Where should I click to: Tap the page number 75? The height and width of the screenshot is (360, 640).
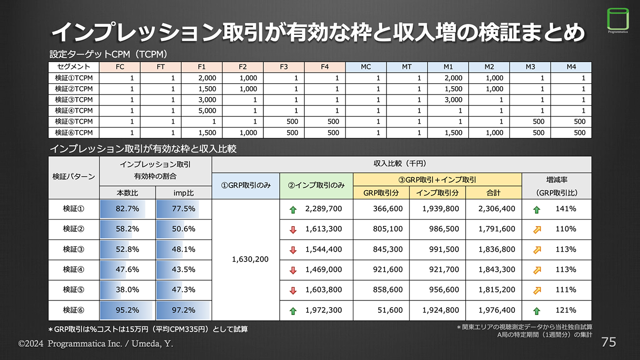[608, 342]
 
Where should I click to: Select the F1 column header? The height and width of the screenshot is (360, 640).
[201, 67]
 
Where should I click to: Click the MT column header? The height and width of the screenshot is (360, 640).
[407, 67]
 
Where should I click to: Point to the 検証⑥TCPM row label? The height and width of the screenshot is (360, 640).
[74, 132]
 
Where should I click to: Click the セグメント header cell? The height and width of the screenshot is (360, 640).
[74, 67]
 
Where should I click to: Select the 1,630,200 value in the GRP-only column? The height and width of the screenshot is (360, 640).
[250, 259]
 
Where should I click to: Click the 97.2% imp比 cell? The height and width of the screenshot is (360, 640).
[184, 310]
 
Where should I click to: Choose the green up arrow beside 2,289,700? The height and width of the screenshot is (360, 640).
[293, 209]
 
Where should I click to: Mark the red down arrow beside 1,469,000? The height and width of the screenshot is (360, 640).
[293, 270]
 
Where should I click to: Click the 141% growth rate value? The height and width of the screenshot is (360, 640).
[566, 209]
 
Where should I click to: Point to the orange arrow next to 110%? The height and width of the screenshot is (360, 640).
[537, 229]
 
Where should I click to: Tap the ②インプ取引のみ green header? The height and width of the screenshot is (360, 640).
[316, 186]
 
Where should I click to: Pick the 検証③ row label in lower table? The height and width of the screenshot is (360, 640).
[74, 249]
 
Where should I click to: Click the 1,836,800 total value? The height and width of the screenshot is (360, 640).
[497, 249]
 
